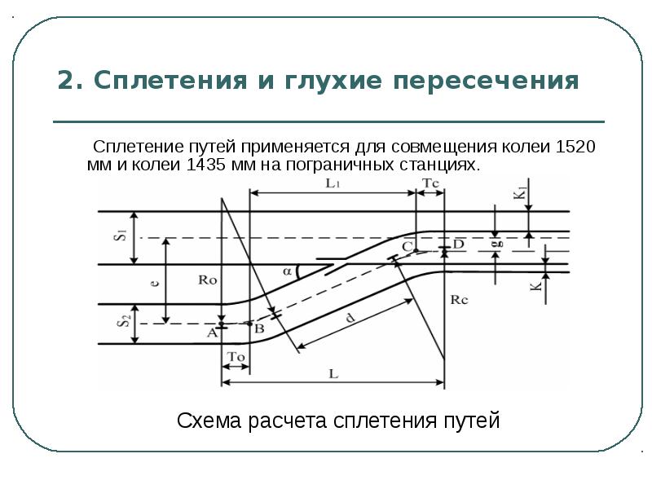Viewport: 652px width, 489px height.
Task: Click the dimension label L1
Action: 333,184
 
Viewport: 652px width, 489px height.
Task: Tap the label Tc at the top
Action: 431,184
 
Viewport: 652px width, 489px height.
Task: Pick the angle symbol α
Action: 286,271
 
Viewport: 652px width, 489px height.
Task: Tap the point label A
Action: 212,333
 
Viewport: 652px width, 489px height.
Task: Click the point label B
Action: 259,328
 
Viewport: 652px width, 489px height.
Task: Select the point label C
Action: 406,245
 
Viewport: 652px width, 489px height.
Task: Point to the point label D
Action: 458,244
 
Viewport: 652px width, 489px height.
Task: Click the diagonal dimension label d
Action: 350,320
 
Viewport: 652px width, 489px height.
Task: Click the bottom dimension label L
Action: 333,374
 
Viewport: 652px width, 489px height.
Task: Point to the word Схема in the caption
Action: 206,421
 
